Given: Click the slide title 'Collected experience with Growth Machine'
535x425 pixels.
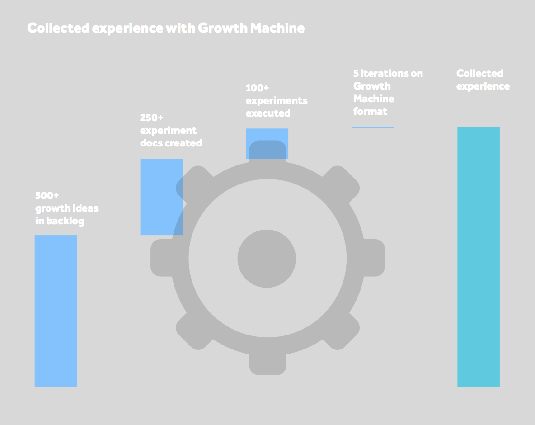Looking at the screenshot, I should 166,28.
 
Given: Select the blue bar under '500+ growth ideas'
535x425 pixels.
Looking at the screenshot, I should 56,311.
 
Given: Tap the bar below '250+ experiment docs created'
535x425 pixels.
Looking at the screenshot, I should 161,197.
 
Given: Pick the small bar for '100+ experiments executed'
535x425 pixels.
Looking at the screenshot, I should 267,143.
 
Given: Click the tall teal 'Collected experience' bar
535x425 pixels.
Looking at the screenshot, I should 479,257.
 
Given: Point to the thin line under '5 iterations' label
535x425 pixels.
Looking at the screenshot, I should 373,128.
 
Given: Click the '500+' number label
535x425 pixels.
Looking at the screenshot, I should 47,196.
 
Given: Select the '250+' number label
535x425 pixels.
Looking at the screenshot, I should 152,118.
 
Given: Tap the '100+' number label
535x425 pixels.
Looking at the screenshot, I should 258,88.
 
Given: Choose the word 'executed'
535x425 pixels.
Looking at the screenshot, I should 268,113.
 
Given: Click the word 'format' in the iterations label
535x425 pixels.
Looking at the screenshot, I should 371,111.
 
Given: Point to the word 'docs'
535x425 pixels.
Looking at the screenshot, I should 150,143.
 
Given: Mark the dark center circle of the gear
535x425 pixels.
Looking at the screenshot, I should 267,259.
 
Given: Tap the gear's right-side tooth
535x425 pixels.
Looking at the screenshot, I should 375,258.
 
